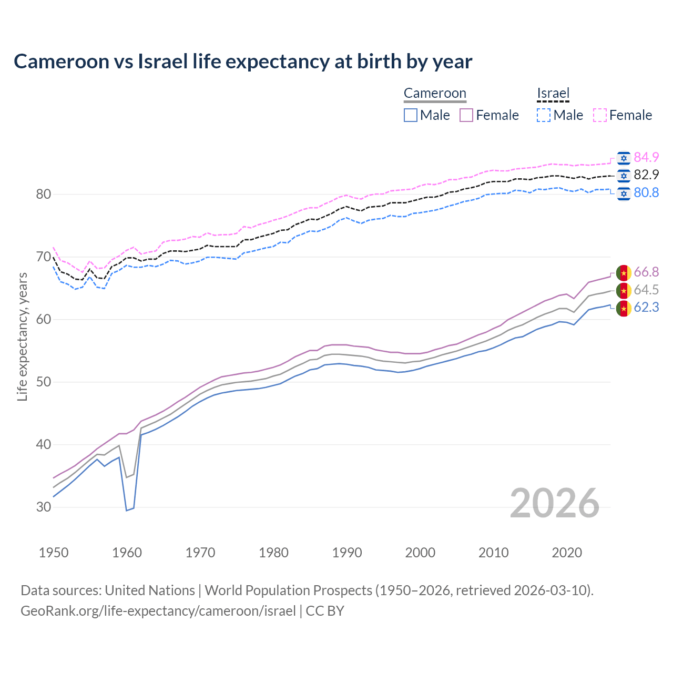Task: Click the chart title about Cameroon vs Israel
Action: [243, 62]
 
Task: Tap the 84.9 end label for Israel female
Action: [646, 157]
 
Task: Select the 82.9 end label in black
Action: [646, 175]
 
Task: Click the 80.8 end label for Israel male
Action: [646, 192]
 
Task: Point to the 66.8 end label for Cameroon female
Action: [646, 272]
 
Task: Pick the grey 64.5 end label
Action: [646, 290]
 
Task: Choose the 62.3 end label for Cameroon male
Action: [646, 307]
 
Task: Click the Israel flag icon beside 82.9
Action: [624, 175]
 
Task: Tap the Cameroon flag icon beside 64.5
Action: [624, 290]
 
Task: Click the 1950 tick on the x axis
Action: [54, 553]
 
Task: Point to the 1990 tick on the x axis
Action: [347, 553]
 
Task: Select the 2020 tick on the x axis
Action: [567, 553]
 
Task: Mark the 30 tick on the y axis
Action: [44, 507]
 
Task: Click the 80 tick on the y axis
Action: [44, 194]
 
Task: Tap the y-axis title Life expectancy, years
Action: [22, 336]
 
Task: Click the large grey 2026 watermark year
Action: [554, 503]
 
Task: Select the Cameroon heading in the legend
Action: [435, 94]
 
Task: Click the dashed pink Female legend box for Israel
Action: [600, 115]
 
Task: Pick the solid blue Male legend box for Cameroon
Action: [411, 115]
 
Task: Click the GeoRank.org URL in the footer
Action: [158, 611]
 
